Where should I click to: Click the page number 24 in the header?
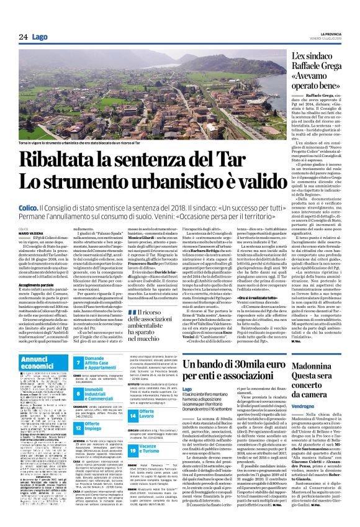click(x=23, y=37)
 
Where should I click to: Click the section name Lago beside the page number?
click(x=40, y=37)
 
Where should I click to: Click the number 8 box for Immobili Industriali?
click(x=79, y=394)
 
